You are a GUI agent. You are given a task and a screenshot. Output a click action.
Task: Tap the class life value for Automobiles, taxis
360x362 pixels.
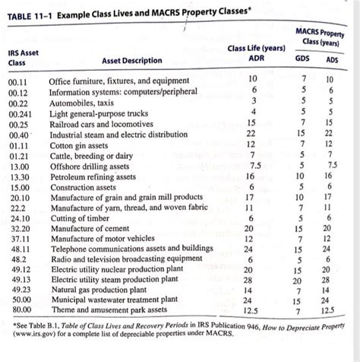tap(253, 101)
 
